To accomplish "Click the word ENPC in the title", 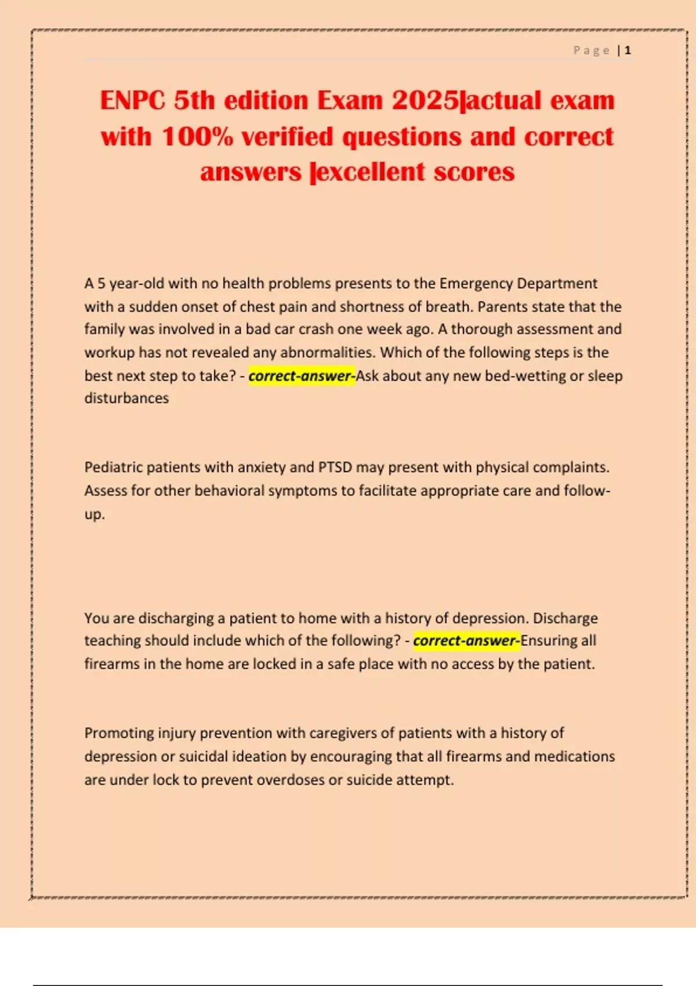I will point(132,100).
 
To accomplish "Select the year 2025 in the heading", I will point(425,100).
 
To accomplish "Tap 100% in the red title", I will point(197,137).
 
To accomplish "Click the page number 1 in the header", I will point(628,50).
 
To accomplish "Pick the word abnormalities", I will point(327,353).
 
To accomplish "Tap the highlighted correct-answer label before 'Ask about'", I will point(302,376).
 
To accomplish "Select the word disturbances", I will point(126,398).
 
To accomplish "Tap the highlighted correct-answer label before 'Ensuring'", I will point(466,641).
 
